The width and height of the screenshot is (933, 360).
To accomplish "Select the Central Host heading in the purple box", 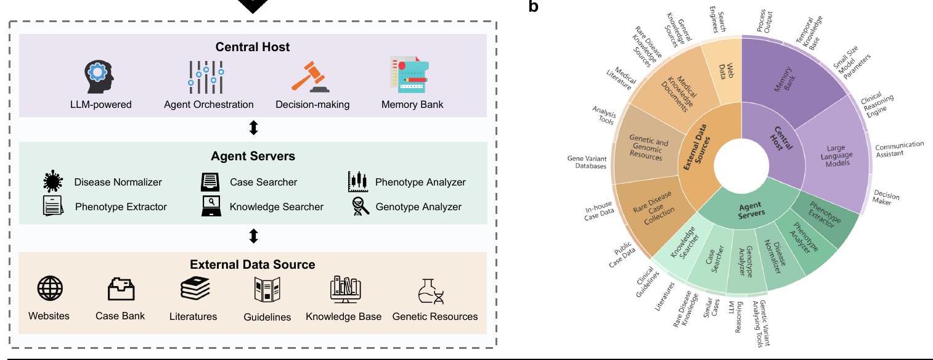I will (253, 47).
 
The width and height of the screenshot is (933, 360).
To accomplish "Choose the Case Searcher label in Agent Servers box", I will (263, 182).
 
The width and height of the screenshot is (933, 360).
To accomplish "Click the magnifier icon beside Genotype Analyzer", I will (359, 207).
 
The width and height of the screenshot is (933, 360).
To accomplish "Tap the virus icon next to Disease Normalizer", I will (54, 182).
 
